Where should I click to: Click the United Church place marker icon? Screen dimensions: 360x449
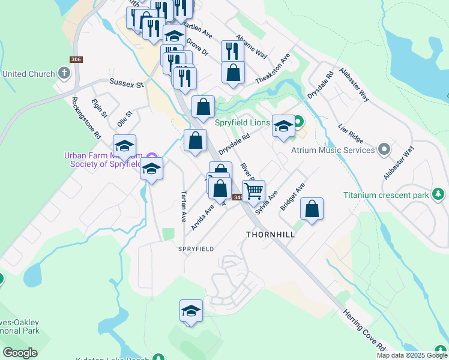pyautogui.click(x=64, y=74)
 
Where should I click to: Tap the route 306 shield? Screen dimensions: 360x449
pyautogui.click(x=76, y=59)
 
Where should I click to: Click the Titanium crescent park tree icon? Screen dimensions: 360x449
pyautogui.click(x=439, y=194)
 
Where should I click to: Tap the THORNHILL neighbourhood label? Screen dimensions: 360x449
pyautogui.click(x=271, y=235)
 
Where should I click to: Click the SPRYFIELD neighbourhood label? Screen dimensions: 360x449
pyautogui.click(x=196, y=248)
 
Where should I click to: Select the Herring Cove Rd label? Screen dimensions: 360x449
pyautogui.click(x=364, y=329)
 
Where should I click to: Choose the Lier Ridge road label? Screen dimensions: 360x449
pyautogui.click(x=352, y=136)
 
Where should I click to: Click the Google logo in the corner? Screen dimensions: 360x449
pyautogui.click(x=20, y=352)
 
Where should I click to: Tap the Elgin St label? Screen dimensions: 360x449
pyautogui.click(x=99, y=108)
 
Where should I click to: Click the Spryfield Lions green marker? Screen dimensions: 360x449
pyautogui.click(x=294, y=122)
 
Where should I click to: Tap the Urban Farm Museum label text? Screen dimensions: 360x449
pyautogui.click(x=102, y=160)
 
